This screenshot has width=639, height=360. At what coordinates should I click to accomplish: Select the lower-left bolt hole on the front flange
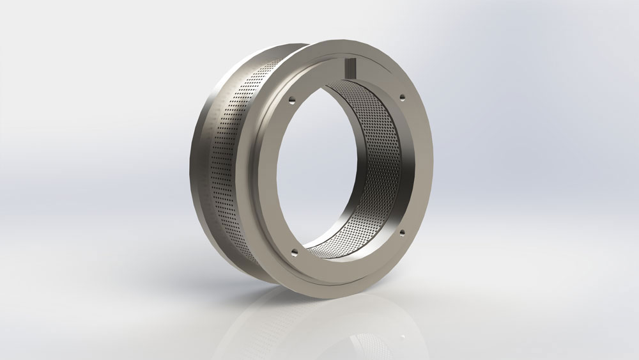[x=293, y=251]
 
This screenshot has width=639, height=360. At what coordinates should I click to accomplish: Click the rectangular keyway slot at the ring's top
[x=350, y=67]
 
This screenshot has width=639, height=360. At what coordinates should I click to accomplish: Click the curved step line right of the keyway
[x=383, y=70]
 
